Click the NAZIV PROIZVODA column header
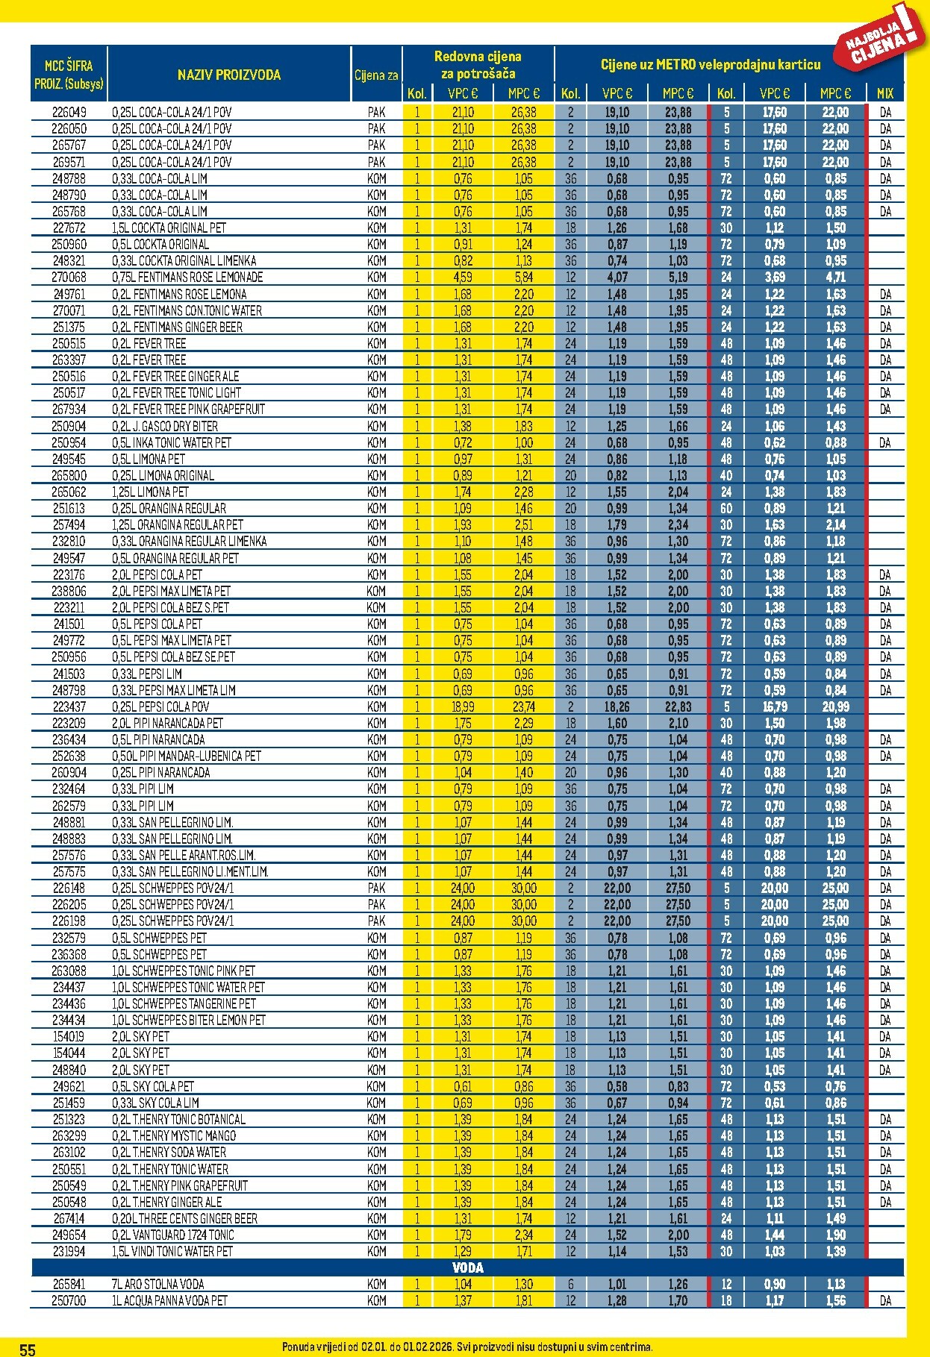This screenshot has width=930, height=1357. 229,75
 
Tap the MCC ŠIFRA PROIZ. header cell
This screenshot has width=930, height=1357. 69,75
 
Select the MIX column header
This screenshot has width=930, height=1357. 884,93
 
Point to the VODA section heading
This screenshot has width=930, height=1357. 467,1267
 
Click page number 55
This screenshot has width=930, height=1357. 28,1349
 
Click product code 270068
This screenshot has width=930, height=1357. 69,277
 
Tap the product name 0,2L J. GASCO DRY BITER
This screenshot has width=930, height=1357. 165,426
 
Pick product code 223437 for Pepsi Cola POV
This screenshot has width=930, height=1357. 69,706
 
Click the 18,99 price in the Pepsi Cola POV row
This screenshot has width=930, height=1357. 463,706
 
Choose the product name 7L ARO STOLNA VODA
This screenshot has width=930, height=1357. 158,1284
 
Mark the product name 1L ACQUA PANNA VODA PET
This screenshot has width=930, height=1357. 169,1300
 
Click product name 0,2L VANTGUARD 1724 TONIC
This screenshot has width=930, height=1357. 173,1235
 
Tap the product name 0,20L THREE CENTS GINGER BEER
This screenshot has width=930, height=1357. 185,1218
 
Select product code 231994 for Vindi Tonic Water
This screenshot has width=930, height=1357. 69,1251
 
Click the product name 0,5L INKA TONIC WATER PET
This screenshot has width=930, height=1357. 172,442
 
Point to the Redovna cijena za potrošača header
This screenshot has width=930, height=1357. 478,65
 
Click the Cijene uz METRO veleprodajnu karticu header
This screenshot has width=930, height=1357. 710,65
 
